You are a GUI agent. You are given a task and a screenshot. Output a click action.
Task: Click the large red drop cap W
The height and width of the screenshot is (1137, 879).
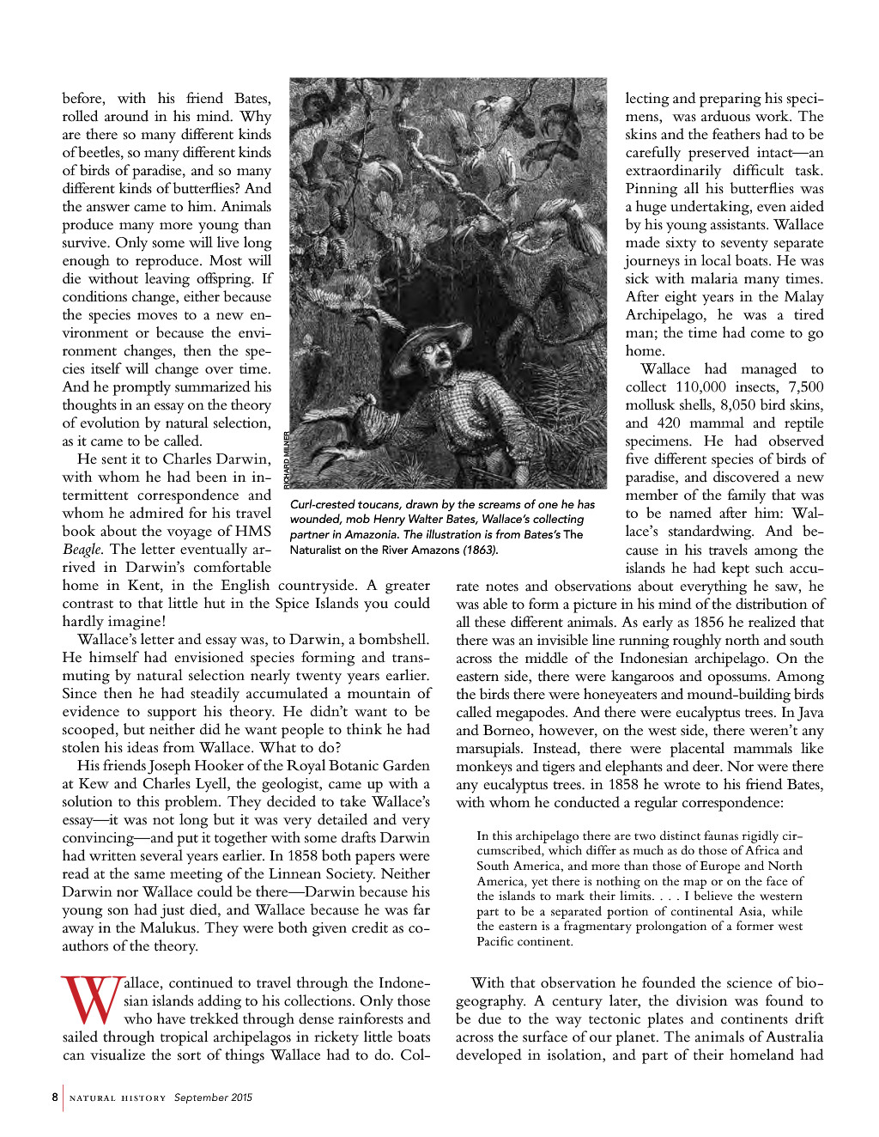tap(91, 1000)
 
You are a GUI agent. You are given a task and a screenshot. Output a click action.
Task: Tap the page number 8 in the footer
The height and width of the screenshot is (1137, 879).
tap(55, 1097)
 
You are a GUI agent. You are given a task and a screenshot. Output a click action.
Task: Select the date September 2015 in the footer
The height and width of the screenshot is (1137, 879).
tap(213, 1097)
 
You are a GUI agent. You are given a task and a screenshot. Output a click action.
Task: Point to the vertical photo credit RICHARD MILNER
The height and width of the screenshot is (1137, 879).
tap(287, 459)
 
